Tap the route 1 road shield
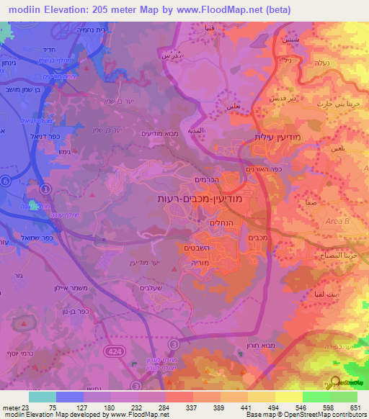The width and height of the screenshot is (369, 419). click(46, 190)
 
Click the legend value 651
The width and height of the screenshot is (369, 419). click(356, 407)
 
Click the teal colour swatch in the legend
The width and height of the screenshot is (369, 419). click(43, 396)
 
